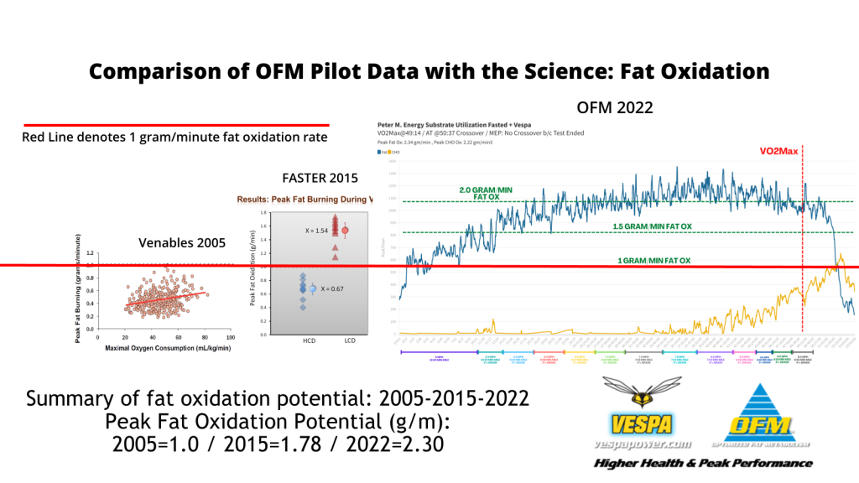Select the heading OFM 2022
[x=614, y=107]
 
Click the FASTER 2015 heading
[x=320, y=178]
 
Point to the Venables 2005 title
[x=181, y=243]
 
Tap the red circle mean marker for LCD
[x=344, y=230]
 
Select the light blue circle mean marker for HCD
[x=312, y=288]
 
